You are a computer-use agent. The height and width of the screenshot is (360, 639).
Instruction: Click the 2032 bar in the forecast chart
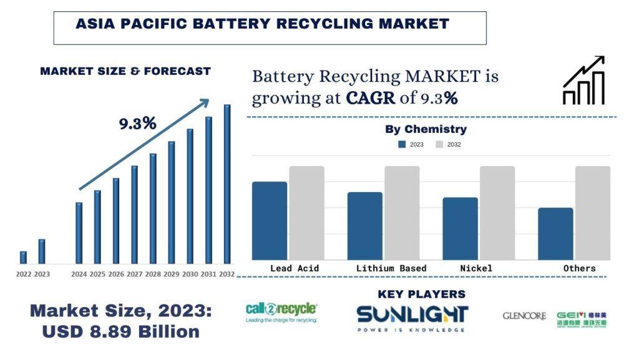click(227, 184)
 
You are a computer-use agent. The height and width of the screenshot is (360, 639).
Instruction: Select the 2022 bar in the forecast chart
click(23, 257)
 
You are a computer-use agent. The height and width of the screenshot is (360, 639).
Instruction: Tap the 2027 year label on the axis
click(134, 275)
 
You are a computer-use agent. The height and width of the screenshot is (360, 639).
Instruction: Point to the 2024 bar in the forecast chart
click(79, 233)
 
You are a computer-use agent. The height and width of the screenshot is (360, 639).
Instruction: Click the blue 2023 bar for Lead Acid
click(270, 221)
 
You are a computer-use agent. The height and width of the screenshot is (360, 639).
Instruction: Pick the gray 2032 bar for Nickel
click(497, 213)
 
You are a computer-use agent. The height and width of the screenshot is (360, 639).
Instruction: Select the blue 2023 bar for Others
click(555, 234)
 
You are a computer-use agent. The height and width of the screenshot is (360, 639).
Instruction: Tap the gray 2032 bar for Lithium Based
click(402, 213)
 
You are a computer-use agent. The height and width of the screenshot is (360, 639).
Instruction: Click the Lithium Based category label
click(391, 268)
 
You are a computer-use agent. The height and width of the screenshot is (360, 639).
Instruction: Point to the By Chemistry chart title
click(426, 130)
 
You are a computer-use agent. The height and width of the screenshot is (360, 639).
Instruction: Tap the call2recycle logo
click(281, 312)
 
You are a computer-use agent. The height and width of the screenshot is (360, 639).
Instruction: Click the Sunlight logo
click(412, 318)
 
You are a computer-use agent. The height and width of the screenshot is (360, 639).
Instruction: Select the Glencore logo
click(524, 316)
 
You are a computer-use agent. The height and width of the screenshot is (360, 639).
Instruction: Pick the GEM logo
click(582, 319)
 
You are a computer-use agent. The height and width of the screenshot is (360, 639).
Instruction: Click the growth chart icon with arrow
click(583, 80)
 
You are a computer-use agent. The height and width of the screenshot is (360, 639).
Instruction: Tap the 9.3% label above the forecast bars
click(137, 124)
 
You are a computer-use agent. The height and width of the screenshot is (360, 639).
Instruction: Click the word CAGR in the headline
click(371, 98)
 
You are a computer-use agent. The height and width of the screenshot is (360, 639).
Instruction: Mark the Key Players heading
click(422, 294)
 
